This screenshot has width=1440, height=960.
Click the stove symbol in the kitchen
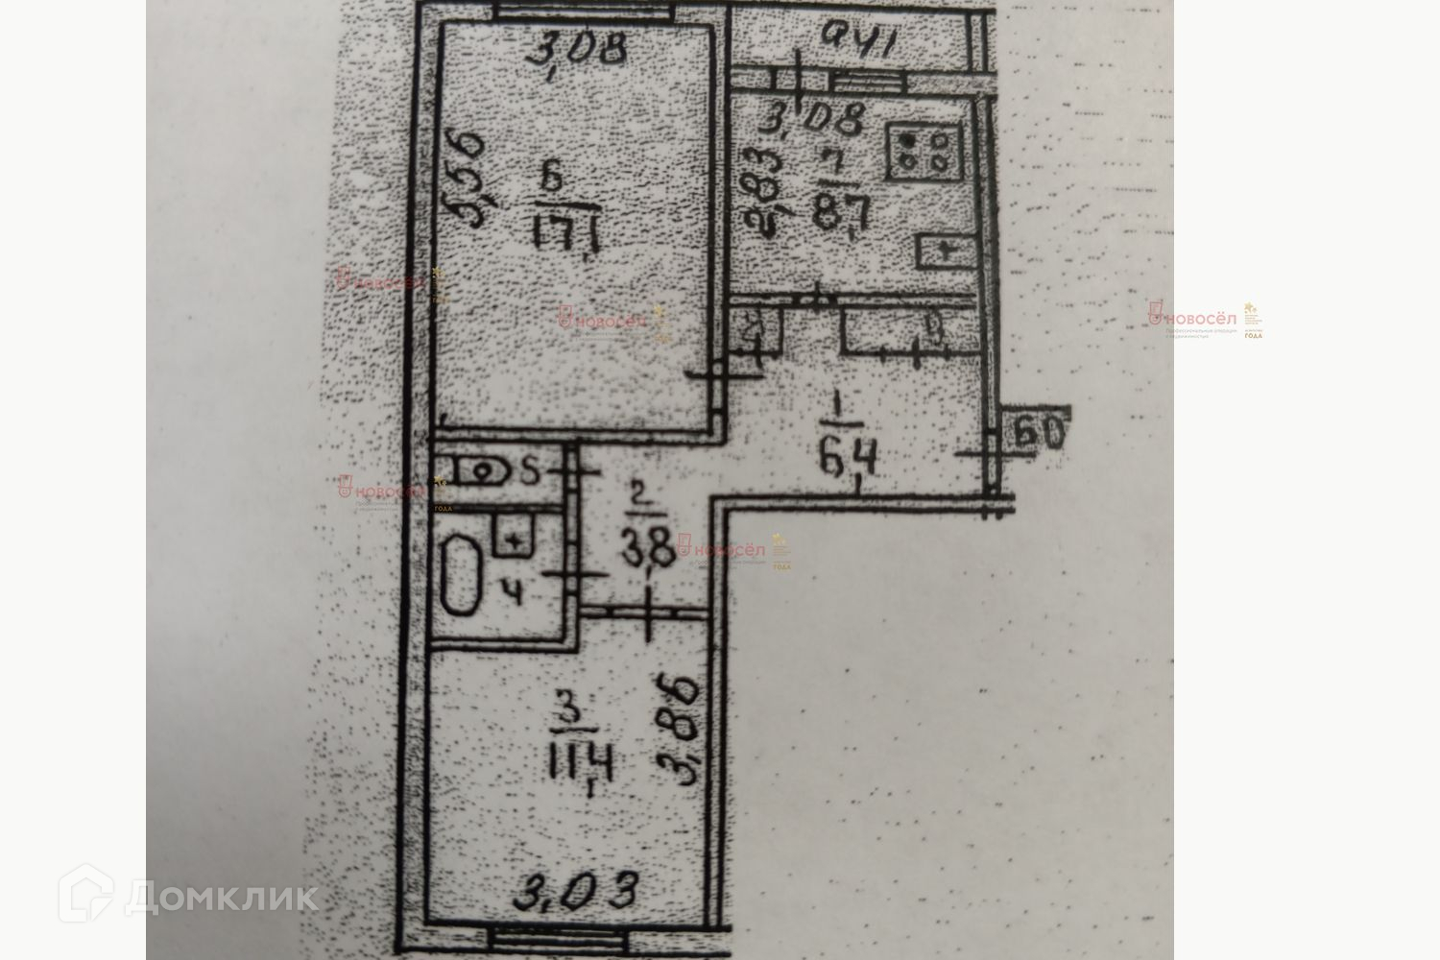pos(923,153)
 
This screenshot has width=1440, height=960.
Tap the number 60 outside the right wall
pos(1039,434)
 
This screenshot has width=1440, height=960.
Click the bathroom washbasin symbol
pos(515,535)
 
